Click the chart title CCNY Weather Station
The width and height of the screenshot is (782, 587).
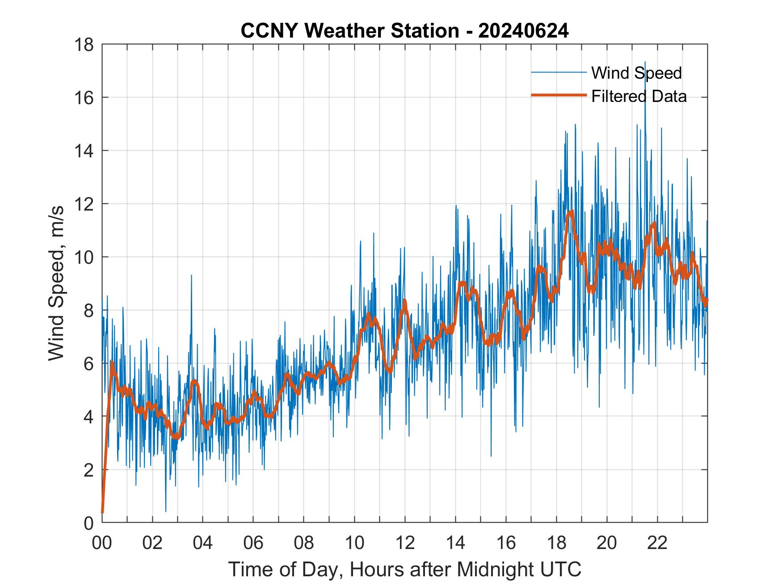point(349,31)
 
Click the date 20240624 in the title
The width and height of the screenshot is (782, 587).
point(523,31)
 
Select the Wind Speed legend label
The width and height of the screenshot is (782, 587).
point(636,73)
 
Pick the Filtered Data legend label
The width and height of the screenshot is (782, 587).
point(639,96)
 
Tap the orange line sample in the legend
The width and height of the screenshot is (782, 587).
point(559,95)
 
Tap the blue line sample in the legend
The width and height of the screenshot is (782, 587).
point(559,72)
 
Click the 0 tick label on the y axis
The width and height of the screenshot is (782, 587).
point(89,523)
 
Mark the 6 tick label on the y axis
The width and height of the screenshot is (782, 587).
point(89,363)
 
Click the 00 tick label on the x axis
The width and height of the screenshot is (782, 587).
point(102,543)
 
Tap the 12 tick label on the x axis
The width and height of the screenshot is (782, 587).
point(405,543)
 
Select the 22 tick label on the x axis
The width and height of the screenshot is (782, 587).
point(657,543)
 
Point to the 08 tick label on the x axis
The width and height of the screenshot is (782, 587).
point(304,543)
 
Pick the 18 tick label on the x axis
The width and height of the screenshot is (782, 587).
point(556,543)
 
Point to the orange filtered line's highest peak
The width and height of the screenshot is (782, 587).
point(571,212)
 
